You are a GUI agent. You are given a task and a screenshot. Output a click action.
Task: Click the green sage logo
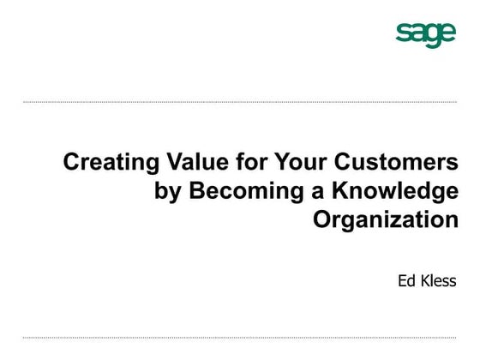(x=425, y=33)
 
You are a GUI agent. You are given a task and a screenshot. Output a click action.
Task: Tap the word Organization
(x=386, y=220)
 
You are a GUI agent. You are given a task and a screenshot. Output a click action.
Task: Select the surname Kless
(x=440, y=280)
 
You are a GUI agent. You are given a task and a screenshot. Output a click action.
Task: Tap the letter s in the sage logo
(x=403, y=33)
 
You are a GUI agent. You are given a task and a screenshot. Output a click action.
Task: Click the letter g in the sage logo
(x=433, y=36)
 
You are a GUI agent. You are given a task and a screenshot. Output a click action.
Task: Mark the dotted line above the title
(x=240, y=102)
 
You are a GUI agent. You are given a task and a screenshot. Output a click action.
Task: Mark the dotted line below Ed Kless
(x=240, y=338)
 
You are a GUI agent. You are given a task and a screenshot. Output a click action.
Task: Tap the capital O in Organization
(x=323, y=219)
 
